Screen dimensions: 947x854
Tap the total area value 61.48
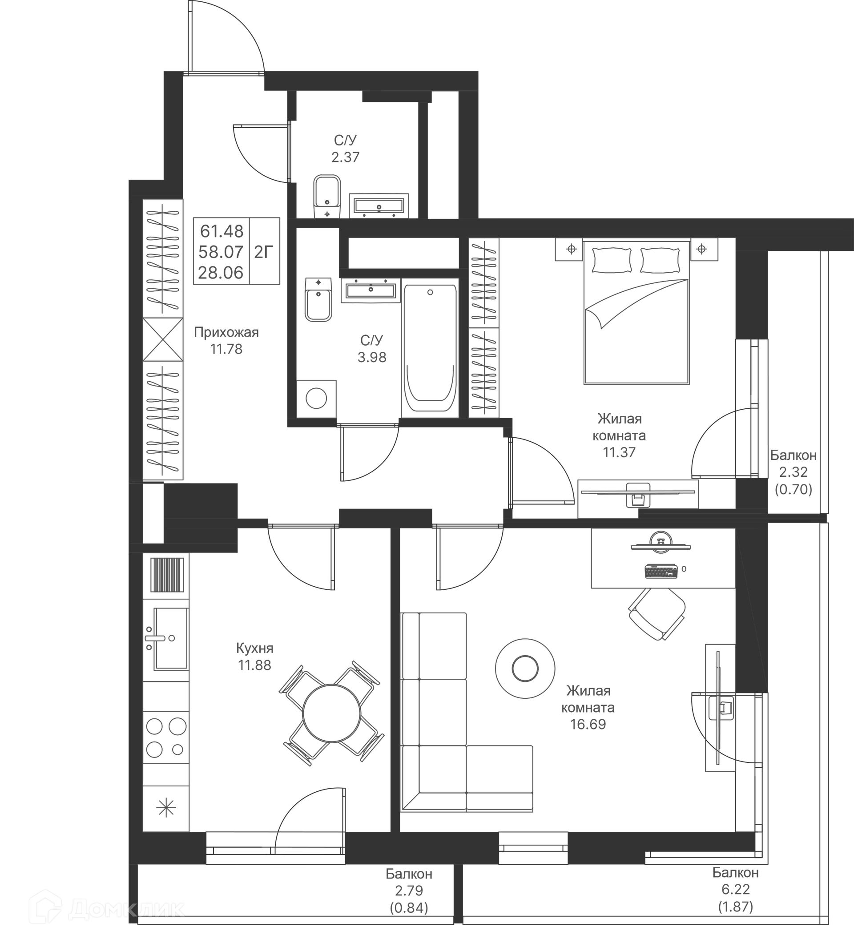coord(222,231)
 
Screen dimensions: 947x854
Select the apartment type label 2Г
coord(264,253)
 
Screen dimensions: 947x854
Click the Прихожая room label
coord(226,333)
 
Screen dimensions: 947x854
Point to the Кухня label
coord(254,648)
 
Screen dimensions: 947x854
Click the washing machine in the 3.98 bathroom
coord(316,399)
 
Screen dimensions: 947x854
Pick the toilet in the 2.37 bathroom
coord(326,197)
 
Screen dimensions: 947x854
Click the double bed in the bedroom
coord(636,314)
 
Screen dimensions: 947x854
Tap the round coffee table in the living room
coord(525,668)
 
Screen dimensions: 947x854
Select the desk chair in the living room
coord(657,614)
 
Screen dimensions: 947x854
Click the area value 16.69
coord(588,724)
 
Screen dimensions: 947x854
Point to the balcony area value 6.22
coord(735,889)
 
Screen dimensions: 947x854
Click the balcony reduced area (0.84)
coord(409,908)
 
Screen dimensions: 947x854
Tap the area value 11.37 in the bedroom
coord(619,452)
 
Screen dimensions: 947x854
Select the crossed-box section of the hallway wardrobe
coord(163,339)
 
